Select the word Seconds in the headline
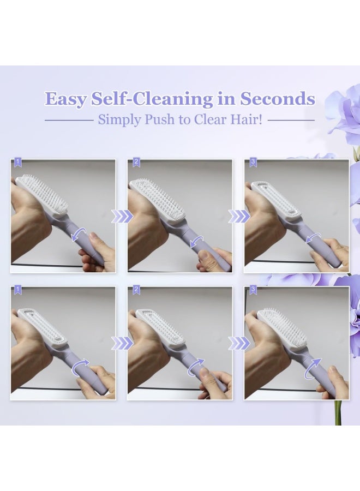coord(278,99)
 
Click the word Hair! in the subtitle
coord(247,119)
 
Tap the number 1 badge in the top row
coord(17,162)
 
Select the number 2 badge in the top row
coord(136,162)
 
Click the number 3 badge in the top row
coord(253,162)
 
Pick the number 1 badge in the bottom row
coord(17,290)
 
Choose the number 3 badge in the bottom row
coord(253,290)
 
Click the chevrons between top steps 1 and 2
coord(122,217)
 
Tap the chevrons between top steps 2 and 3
coord(238,217)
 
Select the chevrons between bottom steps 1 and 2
coord(122,343)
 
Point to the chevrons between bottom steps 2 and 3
coord(238,343)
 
